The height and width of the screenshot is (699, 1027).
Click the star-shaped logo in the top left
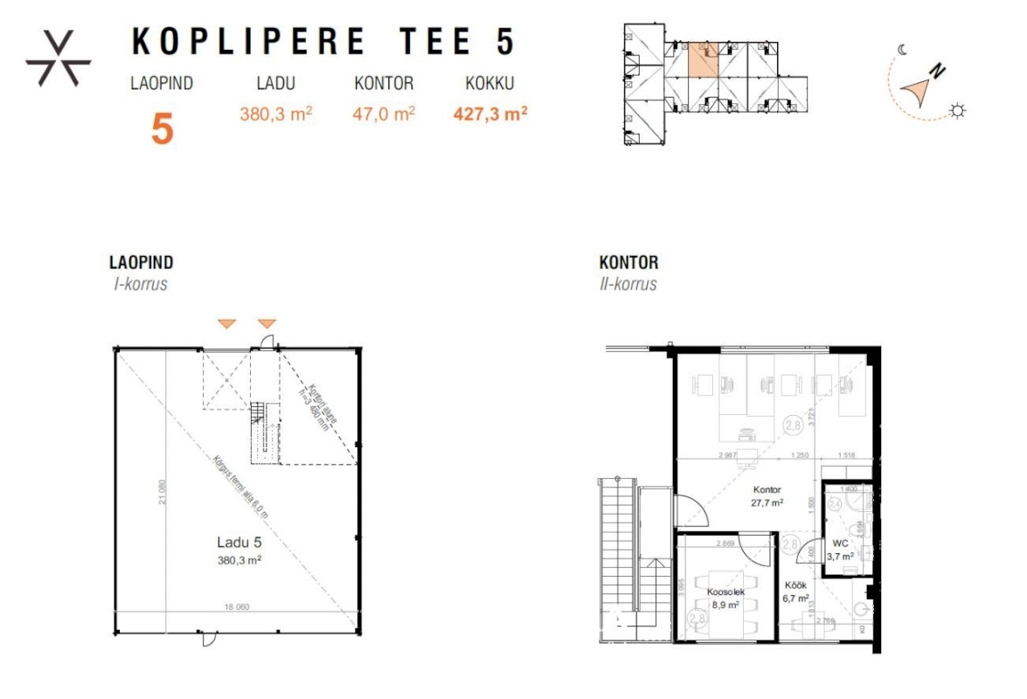pyautogui.click(x=59, y=60)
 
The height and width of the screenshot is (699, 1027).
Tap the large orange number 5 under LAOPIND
pyautogui.click(x=163, y=128)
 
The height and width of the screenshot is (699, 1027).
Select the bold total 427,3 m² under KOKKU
pyautogui.click(x=489, y=113)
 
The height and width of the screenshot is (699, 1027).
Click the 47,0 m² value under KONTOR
pyautogui.click(x=384, y=113)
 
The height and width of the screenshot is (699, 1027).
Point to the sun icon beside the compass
pyautogui.click(x=959, y=110)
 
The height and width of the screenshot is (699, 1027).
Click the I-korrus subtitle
pyautogui.click(x=138, y=284)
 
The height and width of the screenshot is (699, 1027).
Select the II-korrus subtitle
pyautogui.click(x=628, y=284)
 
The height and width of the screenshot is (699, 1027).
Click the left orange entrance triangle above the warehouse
pyautogui.click(x=226, y=324)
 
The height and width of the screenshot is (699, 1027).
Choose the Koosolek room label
pyautogui.click(x=725, y=592)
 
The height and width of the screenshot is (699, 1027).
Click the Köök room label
pyautogui.click(x=794, y=585)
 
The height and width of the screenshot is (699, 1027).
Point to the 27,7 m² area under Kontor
pyautogui.click(x=766, y=502)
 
